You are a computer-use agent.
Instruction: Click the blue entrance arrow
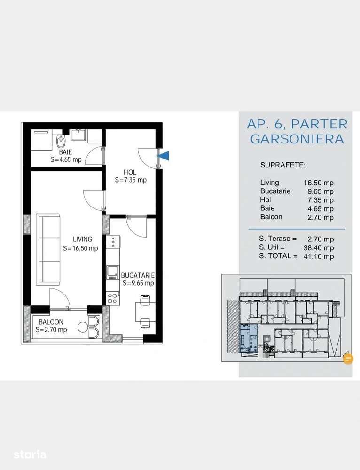164,156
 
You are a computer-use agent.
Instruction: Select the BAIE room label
66,152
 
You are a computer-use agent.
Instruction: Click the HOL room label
130,172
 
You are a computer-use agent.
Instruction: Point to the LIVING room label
83,239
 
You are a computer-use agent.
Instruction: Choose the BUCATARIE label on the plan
138,275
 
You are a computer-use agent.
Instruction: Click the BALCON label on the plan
51,322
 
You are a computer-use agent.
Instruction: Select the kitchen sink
113,272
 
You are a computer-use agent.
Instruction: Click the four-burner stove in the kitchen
113,298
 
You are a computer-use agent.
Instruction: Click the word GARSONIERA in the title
297,139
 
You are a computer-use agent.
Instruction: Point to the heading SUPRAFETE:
283,165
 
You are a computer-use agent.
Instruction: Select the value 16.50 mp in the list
318,183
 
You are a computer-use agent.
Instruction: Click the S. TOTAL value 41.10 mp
319,256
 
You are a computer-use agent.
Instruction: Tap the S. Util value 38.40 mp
319,247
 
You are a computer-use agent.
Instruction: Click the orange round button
348,358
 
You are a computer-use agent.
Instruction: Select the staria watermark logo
30,454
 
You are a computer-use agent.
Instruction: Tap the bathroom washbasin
79,135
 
